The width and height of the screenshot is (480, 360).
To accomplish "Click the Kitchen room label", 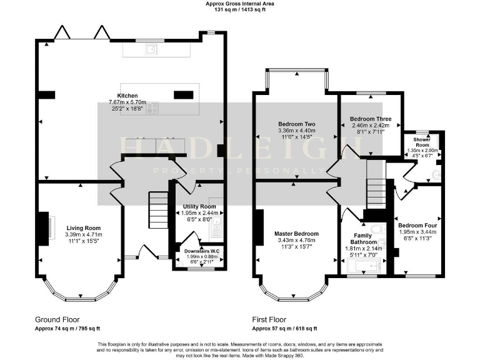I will (x=127, y=96).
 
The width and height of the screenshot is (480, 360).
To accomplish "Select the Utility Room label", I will (x=199, y=206).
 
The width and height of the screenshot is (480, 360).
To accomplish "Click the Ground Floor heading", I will (x=57, y=318).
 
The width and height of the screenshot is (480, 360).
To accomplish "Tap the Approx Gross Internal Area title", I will (x=240, y=4).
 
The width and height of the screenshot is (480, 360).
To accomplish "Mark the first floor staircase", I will (x=375, y=177).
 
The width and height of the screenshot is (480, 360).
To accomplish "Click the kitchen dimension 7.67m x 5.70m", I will (x=127, y=102).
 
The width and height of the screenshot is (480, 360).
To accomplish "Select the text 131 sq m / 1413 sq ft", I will (x=240, y=10).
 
